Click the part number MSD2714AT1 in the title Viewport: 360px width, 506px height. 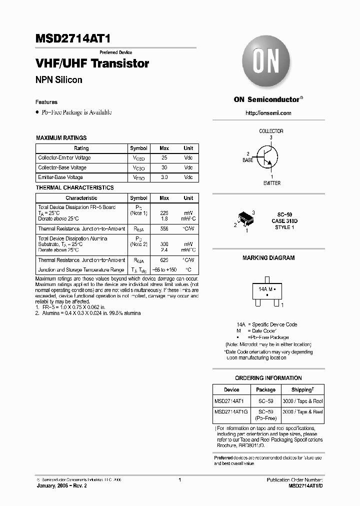70,39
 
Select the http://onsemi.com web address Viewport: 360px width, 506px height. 268,113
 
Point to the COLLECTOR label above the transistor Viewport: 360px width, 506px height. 271,131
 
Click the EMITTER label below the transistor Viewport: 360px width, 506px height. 271,183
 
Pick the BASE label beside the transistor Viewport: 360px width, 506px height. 248,160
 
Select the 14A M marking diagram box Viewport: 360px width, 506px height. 264,292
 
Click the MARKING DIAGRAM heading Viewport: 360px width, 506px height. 268,258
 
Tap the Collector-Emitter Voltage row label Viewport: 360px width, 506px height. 64,157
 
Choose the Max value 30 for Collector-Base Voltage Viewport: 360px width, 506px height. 164,167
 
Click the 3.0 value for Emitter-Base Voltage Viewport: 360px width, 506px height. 164,177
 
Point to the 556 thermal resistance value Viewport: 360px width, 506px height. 164,228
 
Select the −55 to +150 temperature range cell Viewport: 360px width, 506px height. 164,269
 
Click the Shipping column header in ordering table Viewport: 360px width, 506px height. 303,389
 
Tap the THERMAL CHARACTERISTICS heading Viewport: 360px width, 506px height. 74,187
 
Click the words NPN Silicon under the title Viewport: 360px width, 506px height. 59,80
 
